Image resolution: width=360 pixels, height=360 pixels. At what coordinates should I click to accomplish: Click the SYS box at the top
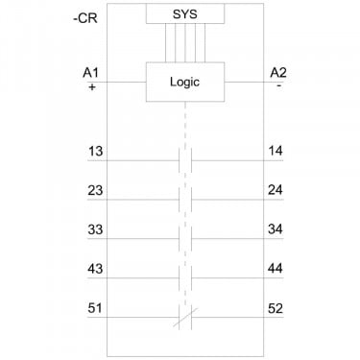click(x=185, y=13)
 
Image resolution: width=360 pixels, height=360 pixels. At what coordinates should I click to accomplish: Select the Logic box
click(x=185, y=82)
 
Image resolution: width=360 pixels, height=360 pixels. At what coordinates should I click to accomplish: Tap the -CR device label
click(x=85, y=18)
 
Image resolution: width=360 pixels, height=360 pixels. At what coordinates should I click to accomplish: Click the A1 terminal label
click(x=90, y=73)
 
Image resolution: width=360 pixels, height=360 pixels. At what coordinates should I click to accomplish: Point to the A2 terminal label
click(x=278, y=73)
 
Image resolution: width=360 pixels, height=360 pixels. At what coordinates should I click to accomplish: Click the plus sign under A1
click(x=92, y=86)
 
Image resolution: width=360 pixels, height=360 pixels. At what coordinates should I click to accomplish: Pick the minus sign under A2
click(x=279, y=85)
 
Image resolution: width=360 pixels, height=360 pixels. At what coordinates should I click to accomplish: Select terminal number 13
click(x=95, y=151)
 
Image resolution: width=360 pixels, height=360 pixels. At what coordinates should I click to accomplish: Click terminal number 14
click(x=276, y=151)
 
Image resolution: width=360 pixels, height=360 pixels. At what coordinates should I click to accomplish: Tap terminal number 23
click(x=95, y=190)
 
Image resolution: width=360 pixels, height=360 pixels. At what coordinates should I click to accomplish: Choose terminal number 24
click(x=276, y=190)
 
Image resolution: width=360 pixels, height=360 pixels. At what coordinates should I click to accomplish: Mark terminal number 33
click(x=95, y=229)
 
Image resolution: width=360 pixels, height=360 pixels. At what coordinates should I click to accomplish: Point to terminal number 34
click(x=276, y=229)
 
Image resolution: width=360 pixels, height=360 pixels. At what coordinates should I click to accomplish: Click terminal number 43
click(x=95, y=269)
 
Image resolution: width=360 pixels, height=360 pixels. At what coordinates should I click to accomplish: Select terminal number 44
click(x=276, y=268)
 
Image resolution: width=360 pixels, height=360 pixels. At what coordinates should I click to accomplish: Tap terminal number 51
click(x=95, y=308)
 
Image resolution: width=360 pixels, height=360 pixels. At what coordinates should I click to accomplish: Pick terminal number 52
click(x=276, y=308)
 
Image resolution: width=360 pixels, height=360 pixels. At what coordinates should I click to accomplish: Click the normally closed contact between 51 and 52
click(x=185, y=318)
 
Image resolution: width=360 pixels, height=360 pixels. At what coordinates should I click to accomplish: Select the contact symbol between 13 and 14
click(x=185, y=160)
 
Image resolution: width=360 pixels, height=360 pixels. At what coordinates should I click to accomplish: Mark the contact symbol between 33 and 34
click(x=185, y=239)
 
